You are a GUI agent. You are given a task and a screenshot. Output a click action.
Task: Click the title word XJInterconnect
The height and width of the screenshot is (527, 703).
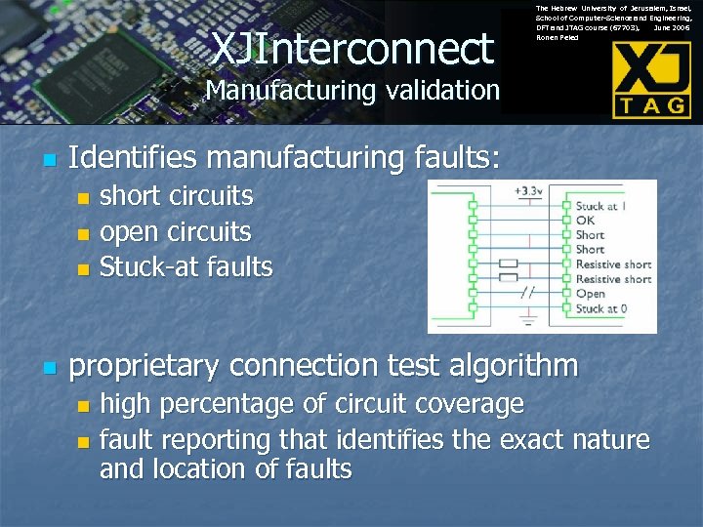(x=352, y=47)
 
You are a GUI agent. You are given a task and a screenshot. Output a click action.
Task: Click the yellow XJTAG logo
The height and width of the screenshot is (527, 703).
(x=651, y=80)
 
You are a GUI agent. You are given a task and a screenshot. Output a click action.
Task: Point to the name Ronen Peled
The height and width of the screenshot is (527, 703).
(x=558, y=38)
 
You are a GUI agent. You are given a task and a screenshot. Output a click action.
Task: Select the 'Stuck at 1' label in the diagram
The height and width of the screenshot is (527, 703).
(x=600, y=206)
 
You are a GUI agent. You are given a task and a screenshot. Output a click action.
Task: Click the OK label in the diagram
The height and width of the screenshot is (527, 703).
(x=585, y=221)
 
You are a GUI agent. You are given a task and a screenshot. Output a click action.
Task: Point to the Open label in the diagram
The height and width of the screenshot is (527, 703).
(x=590, y=294)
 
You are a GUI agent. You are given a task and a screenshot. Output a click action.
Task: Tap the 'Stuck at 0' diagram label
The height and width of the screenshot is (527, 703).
(x=600, y=308)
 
